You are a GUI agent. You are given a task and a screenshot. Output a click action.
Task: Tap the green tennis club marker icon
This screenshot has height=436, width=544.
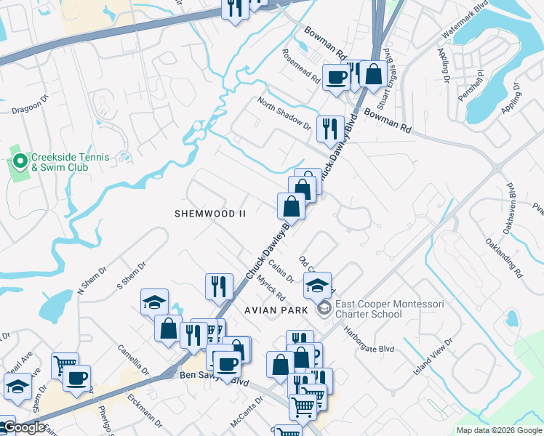[x=19, y=159]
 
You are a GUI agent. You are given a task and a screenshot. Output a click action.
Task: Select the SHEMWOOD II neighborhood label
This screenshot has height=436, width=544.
[x=211, y=214]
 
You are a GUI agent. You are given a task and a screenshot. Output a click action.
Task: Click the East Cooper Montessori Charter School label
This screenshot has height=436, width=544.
[x=369, y=309]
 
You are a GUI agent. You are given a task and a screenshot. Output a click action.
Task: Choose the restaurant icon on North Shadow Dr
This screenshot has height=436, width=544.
[x=330, y=129]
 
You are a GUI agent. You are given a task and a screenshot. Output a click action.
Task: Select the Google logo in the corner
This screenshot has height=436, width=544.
[x=23, y=428]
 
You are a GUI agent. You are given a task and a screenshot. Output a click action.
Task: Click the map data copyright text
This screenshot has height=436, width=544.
[x=499, y=430]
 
